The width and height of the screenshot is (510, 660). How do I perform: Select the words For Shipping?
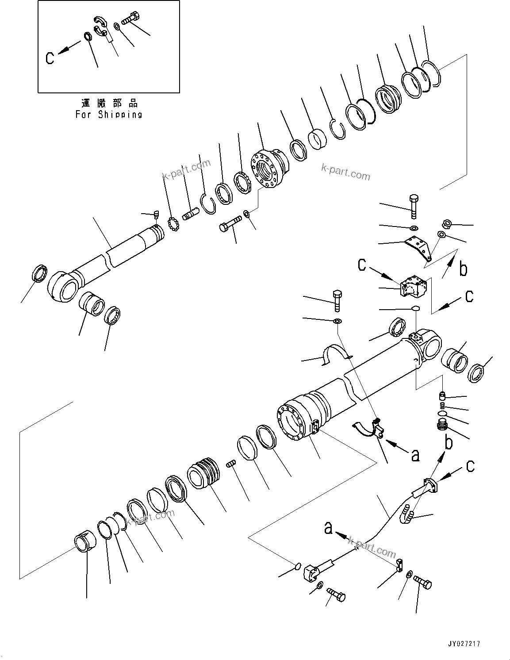click(109, 115)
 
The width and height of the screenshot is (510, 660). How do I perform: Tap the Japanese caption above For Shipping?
click(109, 104)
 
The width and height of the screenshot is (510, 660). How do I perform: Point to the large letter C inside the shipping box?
click(50, 58)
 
